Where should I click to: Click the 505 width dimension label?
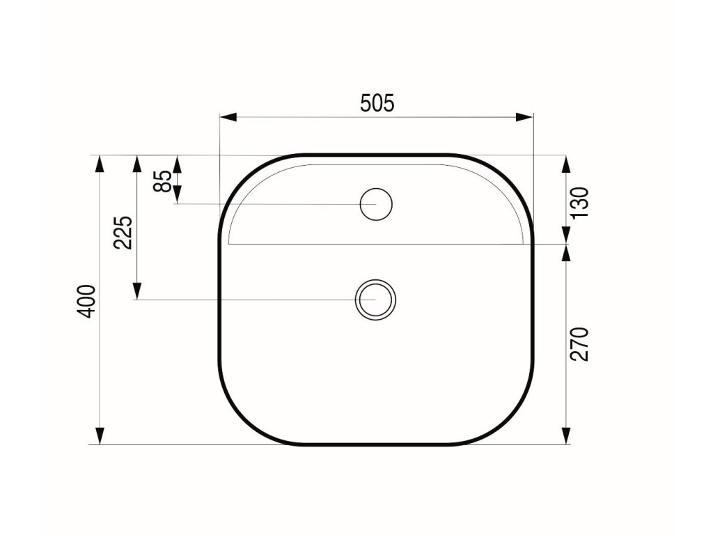tap(377, 103)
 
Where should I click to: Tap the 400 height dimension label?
tap(87, 301)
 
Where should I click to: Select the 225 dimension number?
tap(123, 233)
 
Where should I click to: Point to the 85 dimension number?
tap(162, 180)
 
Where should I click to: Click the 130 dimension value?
tap(580, 203)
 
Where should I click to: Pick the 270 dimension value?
tap(580, 344)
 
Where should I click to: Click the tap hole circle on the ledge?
tap(376, 204)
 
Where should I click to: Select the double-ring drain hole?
tap(375, 300)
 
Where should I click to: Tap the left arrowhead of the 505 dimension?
tap(228, 117)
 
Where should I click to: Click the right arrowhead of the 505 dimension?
tap(524, 117)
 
